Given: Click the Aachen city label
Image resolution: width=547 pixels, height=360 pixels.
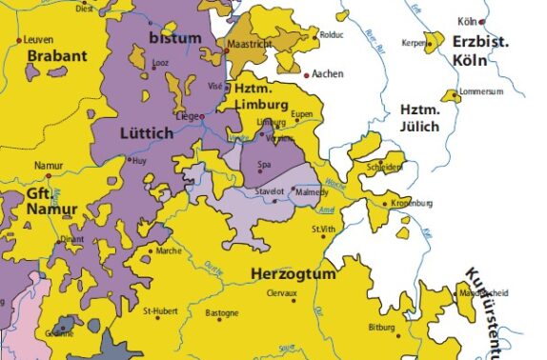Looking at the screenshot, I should [327, 74].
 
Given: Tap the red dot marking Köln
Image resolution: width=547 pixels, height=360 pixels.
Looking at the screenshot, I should [483, 21].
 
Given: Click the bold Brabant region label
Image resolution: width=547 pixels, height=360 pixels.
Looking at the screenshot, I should [57, 56].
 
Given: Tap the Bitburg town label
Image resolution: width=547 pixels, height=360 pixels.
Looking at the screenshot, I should [381, 327].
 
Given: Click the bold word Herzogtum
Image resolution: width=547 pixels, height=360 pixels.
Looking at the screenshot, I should [294, 274].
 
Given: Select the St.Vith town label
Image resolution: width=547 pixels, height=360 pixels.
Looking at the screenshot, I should [324, 230].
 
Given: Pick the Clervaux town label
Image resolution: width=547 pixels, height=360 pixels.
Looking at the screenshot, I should [283, 294].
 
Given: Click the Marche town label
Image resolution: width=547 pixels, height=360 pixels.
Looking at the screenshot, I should [169, 251].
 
